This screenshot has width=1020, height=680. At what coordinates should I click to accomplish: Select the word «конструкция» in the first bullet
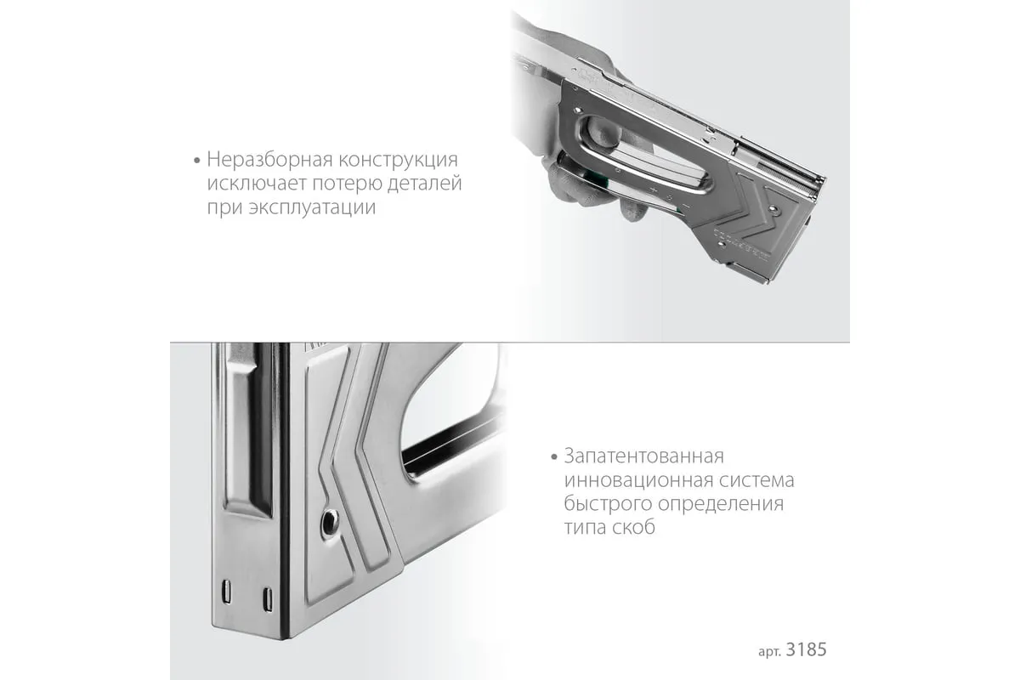click(398, 161)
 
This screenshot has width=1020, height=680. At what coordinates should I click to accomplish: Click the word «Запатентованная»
click(644, 456)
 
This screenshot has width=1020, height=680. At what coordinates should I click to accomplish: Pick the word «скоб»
click(633, 528)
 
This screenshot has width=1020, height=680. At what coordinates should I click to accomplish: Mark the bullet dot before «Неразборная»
click(196, 161)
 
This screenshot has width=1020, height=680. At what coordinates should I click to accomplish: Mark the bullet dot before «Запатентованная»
click(553, 456)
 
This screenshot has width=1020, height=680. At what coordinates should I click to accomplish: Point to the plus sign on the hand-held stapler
click(654, 190)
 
